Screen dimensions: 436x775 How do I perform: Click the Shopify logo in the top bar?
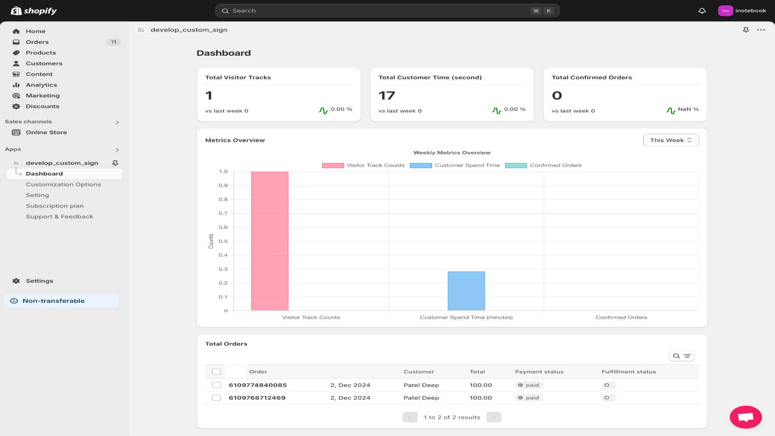33,11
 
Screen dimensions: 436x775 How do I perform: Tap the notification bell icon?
702,11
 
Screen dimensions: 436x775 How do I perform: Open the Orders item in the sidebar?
37,42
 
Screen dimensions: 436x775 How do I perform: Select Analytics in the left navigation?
41,85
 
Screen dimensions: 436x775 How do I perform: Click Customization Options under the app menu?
63,185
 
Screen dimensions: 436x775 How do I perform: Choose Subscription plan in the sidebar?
55,206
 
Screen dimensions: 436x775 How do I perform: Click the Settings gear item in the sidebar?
39,281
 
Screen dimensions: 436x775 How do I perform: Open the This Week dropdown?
671,140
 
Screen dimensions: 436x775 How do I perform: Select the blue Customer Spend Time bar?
466,291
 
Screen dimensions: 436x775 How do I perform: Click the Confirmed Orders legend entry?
543,165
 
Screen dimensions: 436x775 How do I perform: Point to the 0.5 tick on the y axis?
223,241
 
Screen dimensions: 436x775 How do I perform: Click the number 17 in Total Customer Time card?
387,95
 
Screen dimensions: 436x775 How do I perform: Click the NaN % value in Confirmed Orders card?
688,109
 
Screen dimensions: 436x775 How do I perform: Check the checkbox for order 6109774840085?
217,385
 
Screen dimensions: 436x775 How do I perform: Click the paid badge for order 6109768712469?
529,398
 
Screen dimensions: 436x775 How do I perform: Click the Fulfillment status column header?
628,372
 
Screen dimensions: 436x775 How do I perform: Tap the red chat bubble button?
745,417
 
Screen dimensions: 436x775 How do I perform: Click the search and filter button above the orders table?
682,356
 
